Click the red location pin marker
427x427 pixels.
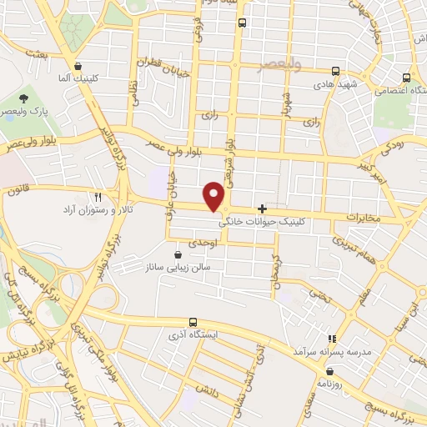pos(215,197)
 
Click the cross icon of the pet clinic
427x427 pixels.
pos(263,208)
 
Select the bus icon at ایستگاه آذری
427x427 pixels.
pos(193,321)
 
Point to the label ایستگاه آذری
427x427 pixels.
pos(193,335)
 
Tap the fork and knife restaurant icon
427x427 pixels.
pos(98,197)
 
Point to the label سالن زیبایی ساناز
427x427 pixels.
pos(177,269)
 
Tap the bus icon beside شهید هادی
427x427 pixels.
pos(335,71)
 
